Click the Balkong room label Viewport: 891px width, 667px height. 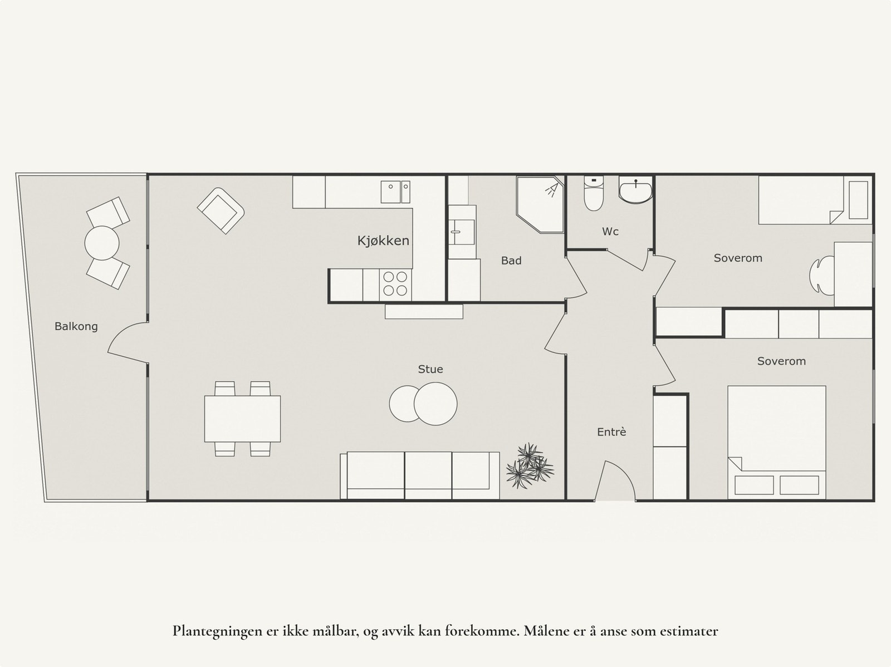pos(76,326)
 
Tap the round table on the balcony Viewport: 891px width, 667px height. pos(102,243)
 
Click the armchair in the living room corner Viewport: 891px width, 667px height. pos(221,210)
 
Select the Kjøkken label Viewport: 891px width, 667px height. pos(383,241)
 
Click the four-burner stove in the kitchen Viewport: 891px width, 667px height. pos(395,283)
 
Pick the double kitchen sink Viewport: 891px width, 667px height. pos(395,192)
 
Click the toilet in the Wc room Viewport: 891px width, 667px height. pos(594,194)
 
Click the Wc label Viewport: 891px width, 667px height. pos(610,232)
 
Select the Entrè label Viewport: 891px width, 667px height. pos(611,431)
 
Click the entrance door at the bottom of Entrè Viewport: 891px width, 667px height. pos(615,482)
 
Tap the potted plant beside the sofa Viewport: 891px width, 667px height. pos(529,467)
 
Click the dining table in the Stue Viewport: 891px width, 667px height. pos(242,418)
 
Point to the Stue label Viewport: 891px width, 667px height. pos(430,369)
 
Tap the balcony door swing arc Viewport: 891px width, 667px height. pos(125,340)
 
